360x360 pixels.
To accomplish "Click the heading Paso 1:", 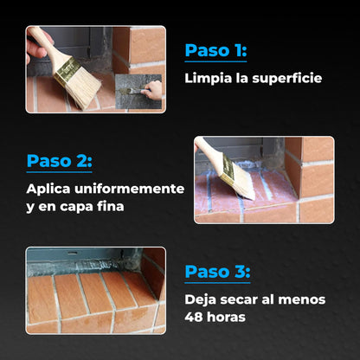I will (215, 51).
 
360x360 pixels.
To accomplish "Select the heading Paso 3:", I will (216, 272).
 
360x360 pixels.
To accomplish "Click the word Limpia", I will (206, 79).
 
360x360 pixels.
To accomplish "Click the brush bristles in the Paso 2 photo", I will (237, 183).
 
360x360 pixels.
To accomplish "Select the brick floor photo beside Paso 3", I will (95, 291).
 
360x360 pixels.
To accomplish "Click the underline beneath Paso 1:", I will (215, 63).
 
